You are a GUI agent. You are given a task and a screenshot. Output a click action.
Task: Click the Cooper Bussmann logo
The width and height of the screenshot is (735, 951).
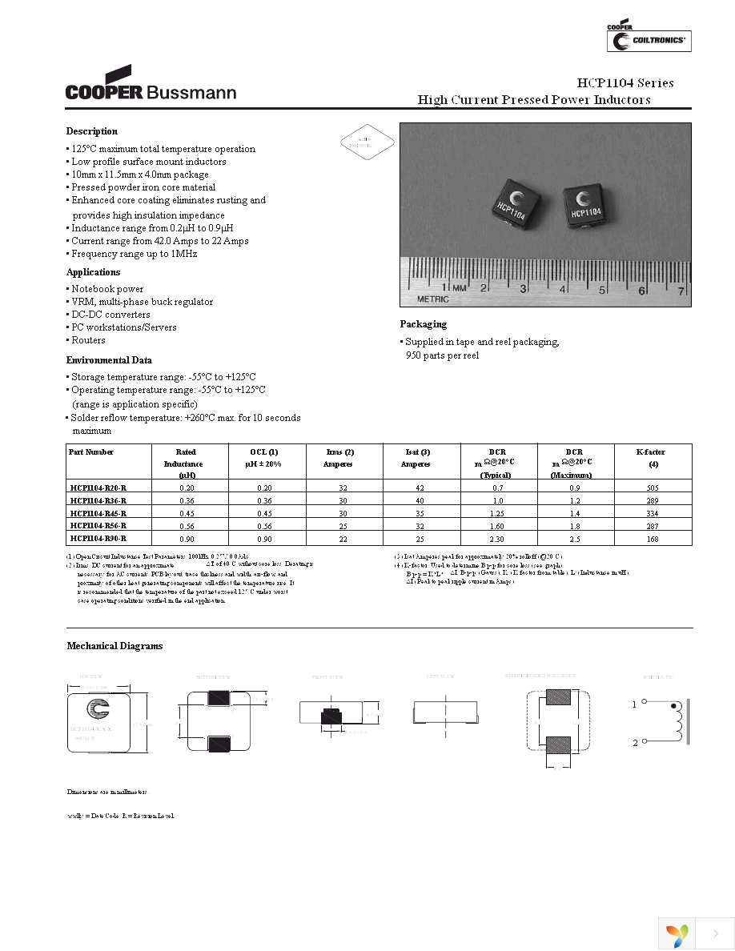coord(151,85)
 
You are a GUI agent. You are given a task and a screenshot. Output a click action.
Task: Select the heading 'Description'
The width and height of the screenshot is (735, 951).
coord(92,131)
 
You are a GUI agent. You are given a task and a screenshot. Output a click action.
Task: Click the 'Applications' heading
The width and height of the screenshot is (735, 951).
coord(93,272)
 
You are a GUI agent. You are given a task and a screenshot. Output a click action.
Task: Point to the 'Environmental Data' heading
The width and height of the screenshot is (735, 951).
coord(109,360)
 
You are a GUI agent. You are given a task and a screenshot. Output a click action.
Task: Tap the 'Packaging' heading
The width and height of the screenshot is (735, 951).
coord(424,324)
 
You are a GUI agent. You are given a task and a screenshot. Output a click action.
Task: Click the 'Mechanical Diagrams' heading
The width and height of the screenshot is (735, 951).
coord(114,646)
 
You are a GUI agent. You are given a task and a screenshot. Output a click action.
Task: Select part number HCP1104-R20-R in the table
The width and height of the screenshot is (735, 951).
coord(98,487)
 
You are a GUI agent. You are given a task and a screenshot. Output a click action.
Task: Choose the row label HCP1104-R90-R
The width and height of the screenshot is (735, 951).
coord(98,538)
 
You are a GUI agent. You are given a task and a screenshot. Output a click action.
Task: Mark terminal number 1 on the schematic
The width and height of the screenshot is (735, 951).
coord(635,704)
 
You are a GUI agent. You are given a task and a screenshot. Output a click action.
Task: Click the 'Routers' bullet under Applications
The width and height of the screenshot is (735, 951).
coord(88,340)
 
